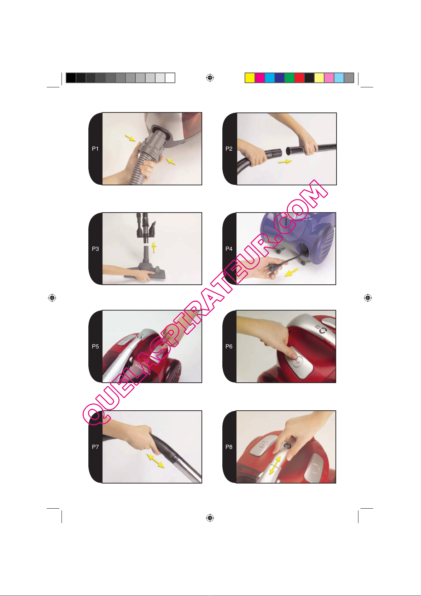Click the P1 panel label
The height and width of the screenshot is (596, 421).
coord(95,149)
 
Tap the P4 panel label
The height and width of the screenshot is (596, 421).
coord(229,249)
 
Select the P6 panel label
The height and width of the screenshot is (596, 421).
coord(229,346)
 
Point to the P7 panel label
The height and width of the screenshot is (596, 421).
coord(95,447)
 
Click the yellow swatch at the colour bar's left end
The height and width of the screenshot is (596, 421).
coord(250,78)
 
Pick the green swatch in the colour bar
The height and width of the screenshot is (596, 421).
coord(290,78)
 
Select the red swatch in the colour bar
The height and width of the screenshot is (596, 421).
coord(299,78)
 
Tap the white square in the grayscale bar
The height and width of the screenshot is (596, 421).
coord(170,78)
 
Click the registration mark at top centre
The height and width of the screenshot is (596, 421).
coord(210,78)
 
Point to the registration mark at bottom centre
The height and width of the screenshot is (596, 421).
coord(210,517)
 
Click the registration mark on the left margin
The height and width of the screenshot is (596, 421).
coord(52,298)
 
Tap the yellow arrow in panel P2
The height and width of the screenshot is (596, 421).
coord(285,161)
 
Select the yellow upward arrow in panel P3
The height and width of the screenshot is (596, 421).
coord(154,248)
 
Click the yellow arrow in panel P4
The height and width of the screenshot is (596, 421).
coord(291,272)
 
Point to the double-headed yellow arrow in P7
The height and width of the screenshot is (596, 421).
coord(156,461)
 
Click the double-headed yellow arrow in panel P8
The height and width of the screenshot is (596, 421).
coord(275,465)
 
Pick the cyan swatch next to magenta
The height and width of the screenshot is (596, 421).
coord(269,78)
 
